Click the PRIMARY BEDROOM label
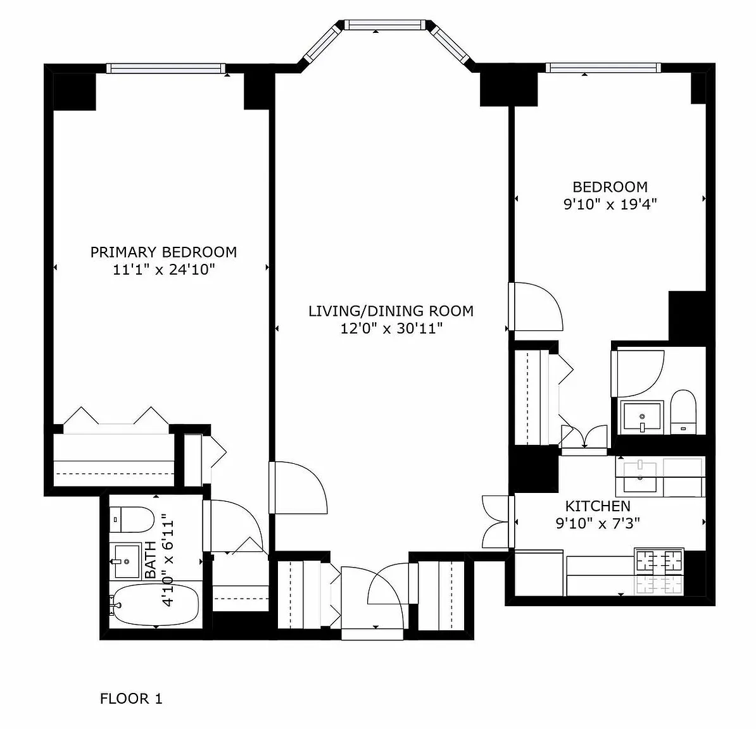coord(163,252)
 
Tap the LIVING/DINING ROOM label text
coord(391,311)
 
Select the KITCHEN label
coord(598,506)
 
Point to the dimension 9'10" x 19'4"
coord(610,204)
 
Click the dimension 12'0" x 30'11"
coord(391,328)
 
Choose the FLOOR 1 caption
coord(131,699)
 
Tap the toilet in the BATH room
coord(132,520)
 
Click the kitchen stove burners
coord(659,572)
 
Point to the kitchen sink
coord(639,477)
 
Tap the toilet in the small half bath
coord(683,412)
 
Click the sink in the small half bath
coord(642,416)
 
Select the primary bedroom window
coord(166,68)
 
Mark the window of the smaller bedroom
coord(603,68)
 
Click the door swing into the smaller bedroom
coord(536,306)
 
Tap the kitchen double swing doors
coord(496,522)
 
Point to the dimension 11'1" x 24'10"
coord(164,270)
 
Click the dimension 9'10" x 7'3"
coord(598,523)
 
